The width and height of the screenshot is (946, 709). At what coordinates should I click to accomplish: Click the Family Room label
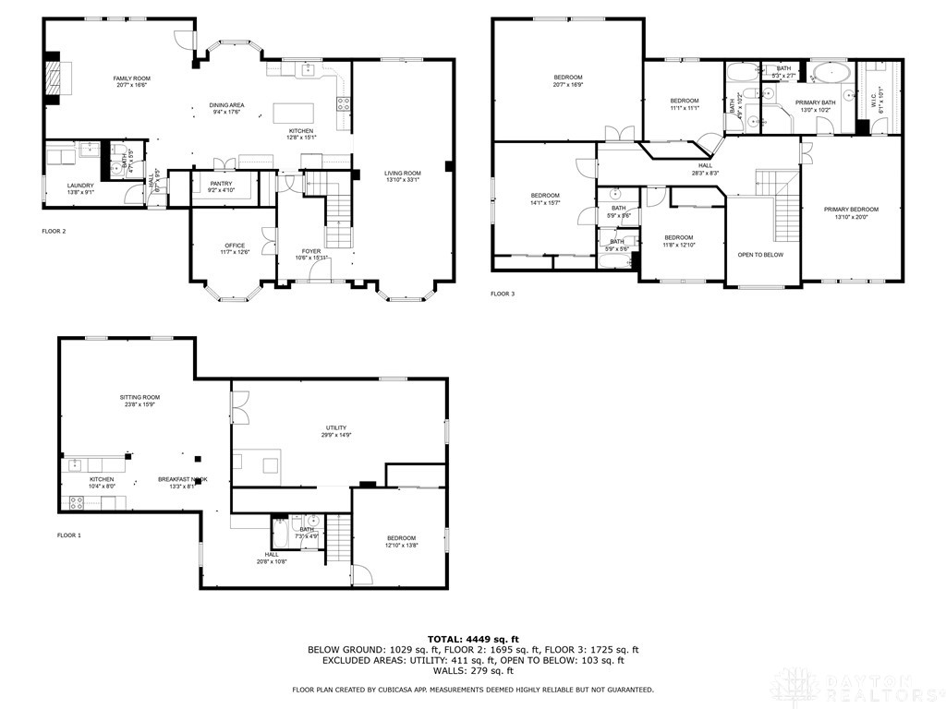pos(131,78)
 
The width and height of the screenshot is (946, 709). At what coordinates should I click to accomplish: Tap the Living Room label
pos(403,174)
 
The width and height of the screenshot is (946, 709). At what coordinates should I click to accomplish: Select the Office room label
pos(234,245)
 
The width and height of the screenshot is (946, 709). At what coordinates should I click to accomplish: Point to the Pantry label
pos(221,184)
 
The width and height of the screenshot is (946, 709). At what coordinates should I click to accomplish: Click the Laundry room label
pos(80,186)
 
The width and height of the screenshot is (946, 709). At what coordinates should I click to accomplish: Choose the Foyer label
pos(311,251)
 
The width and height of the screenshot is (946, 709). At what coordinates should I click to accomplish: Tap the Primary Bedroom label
pos(851,210)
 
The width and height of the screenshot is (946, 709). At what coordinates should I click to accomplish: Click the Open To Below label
pos(762,255)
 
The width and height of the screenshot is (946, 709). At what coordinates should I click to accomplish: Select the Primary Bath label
pos(815,102)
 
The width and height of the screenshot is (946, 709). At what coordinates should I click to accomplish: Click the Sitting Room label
pos(139,397)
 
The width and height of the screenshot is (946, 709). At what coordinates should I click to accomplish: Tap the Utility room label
pos(335,427)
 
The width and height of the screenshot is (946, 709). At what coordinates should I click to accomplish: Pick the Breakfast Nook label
pos(182,479)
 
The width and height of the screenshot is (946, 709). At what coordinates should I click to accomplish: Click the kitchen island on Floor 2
pos(293,113)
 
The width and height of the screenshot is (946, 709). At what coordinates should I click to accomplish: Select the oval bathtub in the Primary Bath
pos(832,72)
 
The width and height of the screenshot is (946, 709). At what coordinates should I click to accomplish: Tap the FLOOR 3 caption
pos(503,294)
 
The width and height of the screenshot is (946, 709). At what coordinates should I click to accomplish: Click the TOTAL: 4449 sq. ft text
pos(472,639)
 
